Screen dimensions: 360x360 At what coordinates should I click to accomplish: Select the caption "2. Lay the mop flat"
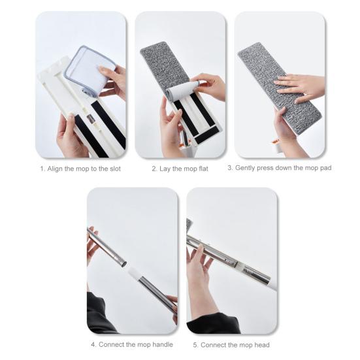tap(180, 169)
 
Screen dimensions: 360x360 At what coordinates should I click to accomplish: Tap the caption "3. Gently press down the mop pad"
tap(279, 168)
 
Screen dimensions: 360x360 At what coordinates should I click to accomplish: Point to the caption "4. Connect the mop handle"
tap(132, 345)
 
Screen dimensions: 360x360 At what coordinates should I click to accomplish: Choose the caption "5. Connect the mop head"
tap(231, 345)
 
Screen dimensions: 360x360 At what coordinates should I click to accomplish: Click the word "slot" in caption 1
tap(114, 169)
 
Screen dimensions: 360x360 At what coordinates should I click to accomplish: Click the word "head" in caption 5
tap(261, 345)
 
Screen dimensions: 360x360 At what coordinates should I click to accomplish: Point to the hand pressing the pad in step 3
tap(301, 86)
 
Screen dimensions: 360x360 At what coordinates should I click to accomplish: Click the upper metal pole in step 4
tap(106, 248)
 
